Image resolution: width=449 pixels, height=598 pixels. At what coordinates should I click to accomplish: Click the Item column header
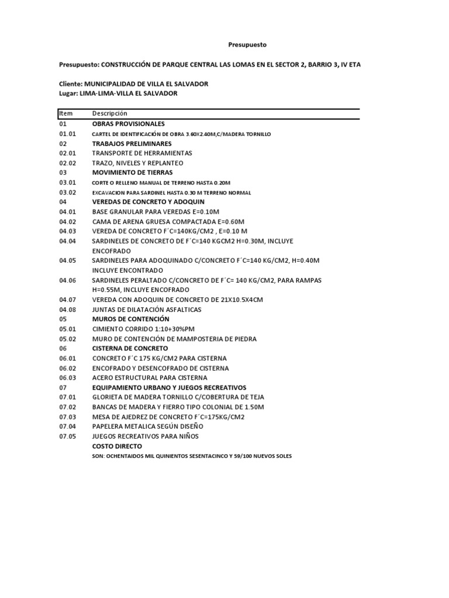coord(65,113)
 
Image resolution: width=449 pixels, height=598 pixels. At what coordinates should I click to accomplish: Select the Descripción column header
coord(109,113)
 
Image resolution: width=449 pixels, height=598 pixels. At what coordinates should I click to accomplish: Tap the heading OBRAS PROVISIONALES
coord(129,124)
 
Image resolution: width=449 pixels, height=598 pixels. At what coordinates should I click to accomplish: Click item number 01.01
coord(68,134)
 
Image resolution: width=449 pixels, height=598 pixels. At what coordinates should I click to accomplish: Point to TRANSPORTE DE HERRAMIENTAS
coord(142,153)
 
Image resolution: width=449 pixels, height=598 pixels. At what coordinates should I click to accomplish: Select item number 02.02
coord(68,163)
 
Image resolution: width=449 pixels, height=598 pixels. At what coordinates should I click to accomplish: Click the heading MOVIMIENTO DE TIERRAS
coord(132,173)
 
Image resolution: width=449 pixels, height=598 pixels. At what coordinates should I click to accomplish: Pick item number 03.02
coord(68,192)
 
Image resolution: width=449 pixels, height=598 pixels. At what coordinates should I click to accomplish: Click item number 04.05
coord(68,260)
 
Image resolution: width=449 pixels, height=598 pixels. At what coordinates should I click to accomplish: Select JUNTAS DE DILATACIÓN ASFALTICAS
coord(147,310)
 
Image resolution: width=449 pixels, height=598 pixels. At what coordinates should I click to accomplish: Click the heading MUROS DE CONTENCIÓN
coord(130,319)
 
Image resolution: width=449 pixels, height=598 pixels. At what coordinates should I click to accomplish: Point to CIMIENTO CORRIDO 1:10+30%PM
coord(143,329)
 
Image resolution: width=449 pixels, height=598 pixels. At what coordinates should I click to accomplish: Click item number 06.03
coord(68,378)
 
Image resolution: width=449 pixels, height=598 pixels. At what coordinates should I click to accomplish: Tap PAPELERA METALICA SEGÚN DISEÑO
coord(151,426)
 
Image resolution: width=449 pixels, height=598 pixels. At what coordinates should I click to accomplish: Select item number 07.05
coord(68,436)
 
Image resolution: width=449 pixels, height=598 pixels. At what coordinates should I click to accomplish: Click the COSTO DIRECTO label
coord(117,446)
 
